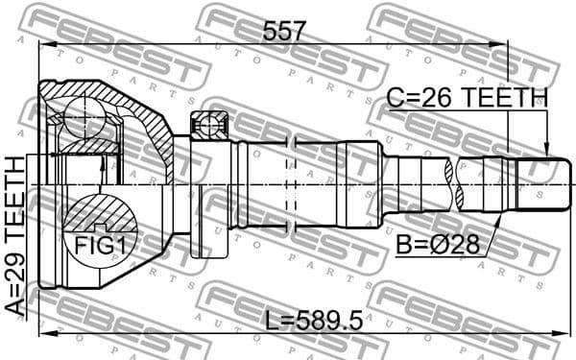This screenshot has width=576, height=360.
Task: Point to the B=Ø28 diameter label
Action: point(436,245)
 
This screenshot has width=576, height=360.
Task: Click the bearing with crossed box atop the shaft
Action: point(208,125)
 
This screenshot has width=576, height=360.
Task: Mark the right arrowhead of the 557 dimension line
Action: point(501,43)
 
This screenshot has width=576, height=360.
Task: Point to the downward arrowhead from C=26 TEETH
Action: point(546,151)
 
